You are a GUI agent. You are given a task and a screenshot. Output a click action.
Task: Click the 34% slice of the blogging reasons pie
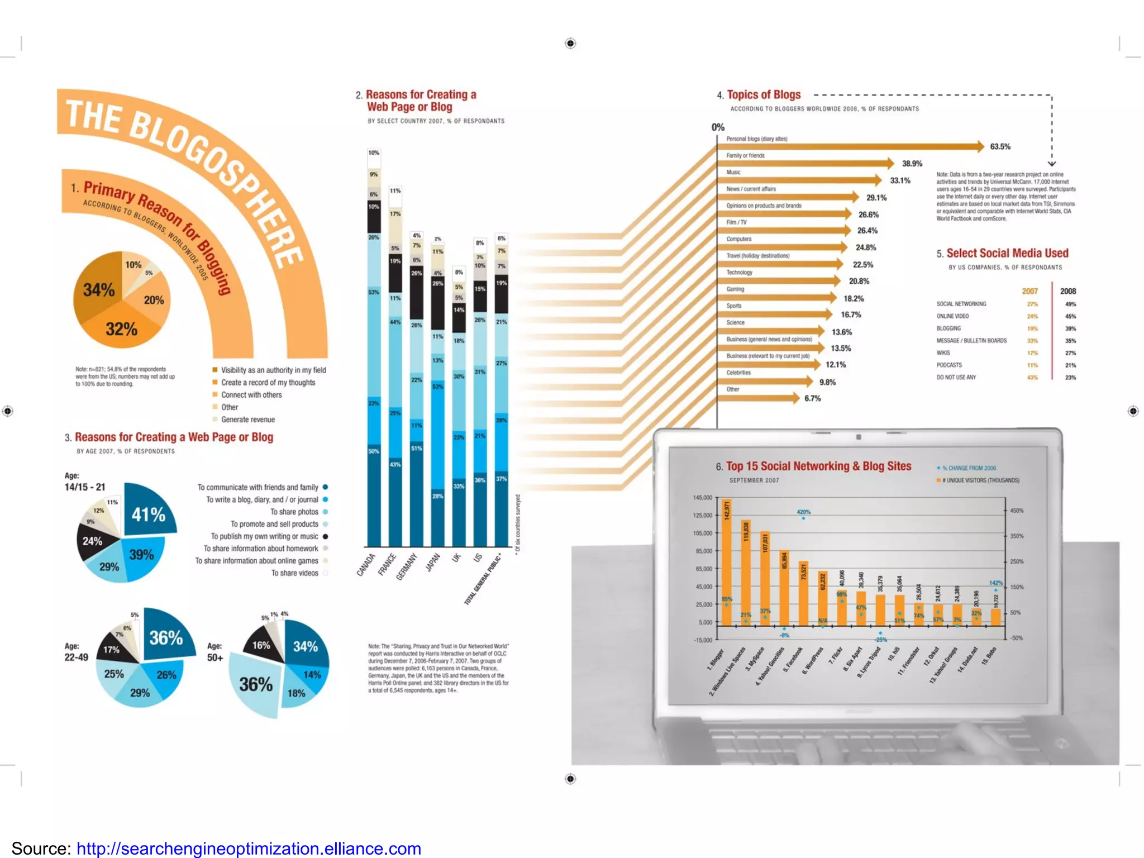pyautogui.click(x=98, y=290)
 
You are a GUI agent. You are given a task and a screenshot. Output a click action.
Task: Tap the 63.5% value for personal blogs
pyautogui.click(x=1000, y=147)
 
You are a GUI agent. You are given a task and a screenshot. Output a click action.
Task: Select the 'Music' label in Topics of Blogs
pyautogui.click(x=733, y=173)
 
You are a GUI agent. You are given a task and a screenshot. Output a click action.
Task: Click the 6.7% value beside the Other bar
pyautogui.click(x=812, y=398)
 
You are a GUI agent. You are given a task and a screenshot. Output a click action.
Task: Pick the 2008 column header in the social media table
pyautogui.click(x=1067, y=291)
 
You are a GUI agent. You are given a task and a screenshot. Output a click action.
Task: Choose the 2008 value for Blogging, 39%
pyautogui.click(x=1070, y=328)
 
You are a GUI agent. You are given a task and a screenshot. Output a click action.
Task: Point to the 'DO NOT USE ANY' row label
pyautogui.click(x=956, y=378)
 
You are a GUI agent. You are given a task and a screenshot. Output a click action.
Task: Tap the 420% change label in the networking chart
pyautogui.click(x=803, y=512)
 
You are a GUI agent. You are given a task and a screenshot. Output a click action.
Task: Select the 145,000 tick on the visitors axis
pyautogui.click(x=702, y=498)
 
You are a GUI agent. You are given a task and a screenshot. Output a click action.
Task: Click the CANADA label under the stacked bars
pyautogui.click(x=366, y=564)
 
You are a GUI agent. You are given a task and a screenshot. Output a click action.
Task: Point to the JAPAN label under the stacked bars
pyautogui.click(x=433, y=562)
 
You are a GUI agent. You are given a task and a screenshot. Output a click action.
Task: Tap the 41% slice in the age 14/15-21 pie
pyautogui.click(x=149, y=514)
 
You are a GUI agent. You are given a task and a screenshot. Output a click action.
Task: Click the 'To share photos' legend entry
pyautogui.click(x=294, y=512)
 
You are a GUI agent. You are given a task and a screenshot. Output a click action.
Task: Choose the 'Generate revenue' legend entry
pyautogui.click(x=247, y=420)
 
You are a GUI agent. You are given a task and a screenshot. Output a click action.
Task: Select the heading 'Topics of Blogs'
pyautogui.click(x=763, y=95)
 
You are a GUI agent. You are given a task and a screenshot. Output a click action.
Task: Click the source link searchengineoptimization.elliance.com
pyautogui.click(x=249, y=849)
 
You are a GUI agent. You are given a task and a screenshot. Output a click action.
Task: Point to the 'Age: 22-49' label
pyautogui.click(x=76, y=652)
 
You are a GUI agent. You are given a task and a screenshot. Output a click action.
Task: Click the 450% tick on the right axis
pyautogui.click(x=1017, y=511)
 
